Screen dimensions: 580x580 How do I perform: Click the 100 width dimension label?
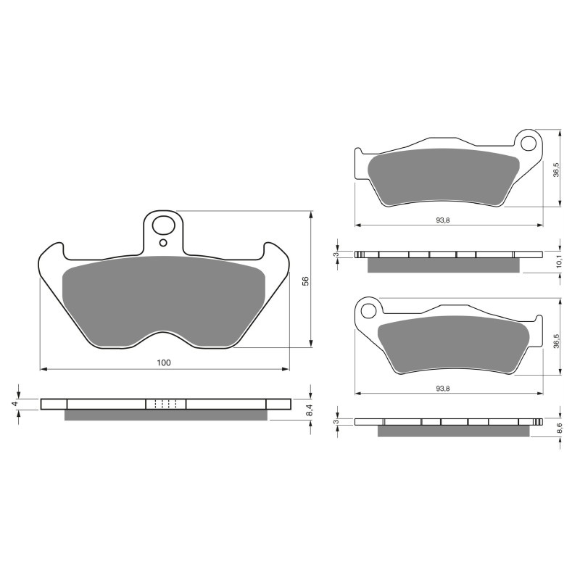(x=164, y=362)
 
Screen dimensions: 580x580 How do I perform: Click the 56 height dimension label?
(x=305, y=281)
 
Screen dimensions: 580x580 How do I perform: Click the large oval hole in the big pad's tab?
(x=164, y=222)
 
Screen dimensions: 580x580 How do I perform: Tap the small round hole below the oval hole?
(x=164, y=242)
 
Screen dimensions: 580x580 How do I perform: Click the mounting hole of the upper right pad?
(x=530, y=141)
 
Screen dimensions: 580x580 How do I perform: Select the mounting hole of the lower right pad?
(x=368, y=311)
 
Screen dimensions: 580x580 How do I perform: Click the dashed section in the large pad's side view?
(x=166, y=404)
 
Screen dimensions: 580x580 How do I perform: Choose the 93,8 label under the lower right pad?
(x=444, y=388)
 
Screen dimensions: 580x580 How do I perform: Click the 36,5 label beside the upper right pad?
(x=556, y=170)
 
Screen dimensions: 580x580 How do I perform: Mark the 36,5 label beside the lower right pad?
(x=556, y=339)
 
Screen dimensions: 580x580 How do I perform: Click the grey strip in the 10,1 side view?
(x=444, y=265)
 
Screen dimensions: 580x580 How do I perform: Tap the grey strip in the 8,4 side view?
(x=166, y=415)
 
